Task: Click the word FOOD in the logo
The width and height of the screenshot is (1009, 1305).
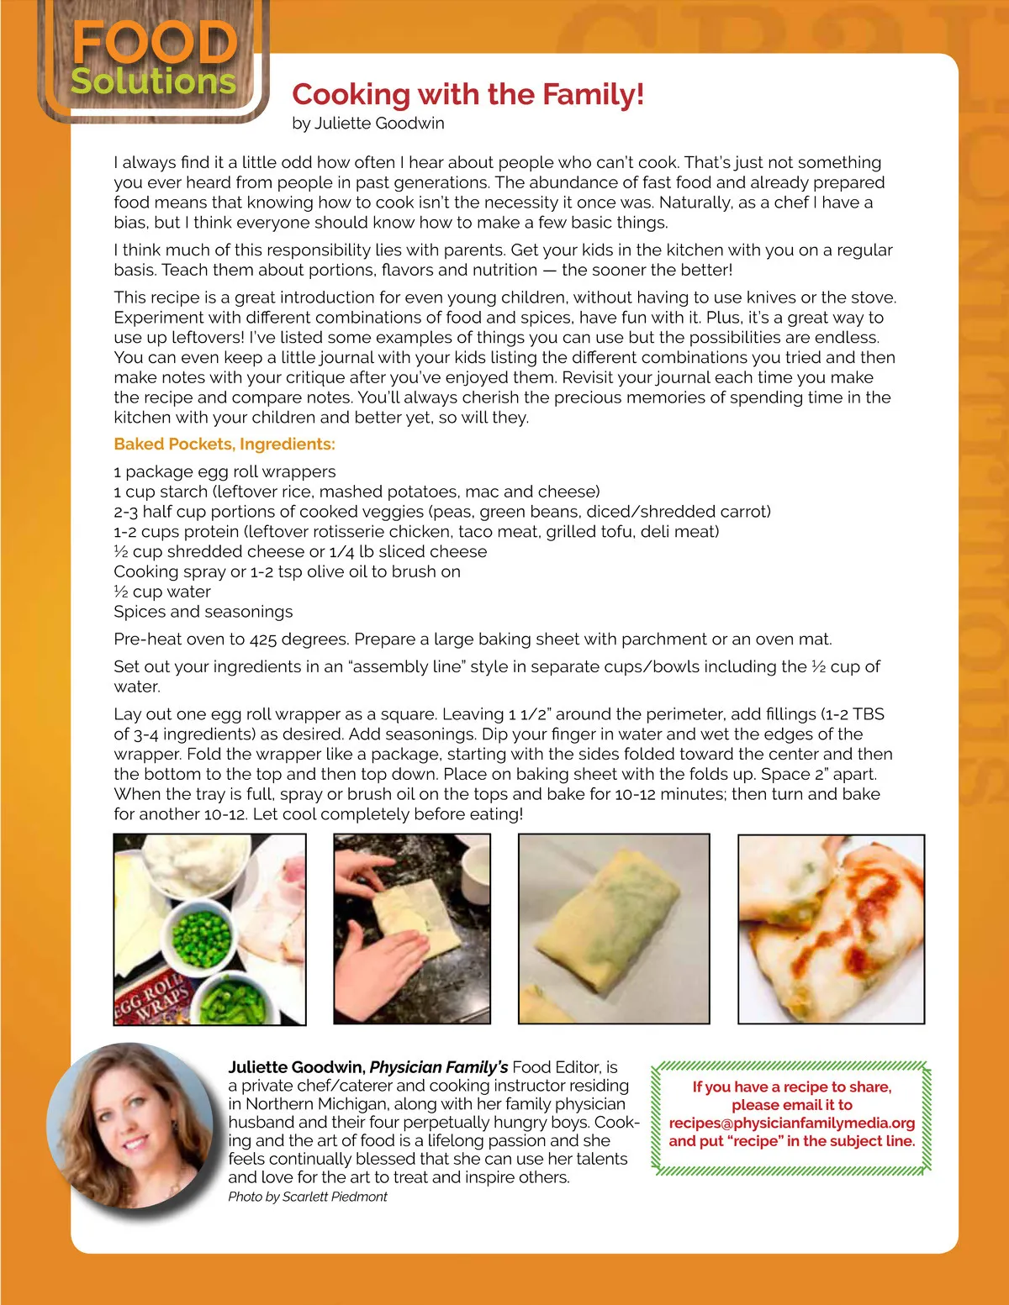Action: pos(155,43)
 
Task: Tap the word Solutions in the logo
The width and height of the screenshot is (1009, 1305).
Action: pos(153,82)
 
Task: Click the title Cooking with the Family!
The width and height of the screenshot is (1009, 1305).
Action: pos(468,94)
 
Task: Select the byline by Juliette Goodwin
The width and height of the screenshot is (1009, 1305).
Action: pos(368,124)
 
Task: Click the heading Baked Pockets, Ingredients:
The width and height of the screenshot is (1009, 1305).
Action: pos(225,445)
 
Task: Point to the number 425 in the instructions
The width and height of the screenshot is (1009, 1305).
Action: pos(262,639)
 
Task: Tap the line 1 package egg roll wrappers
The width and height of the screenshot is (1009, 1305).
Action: pos(225,471)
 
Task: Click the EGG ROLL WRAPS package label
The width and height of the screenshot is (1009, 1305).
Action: pos(151,1000)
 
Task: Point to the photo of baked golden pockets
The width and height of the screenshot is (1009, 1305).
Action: pos(831,929)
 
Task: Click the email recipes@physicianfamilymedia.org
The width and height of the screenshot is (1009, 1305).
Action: pos(792,1123)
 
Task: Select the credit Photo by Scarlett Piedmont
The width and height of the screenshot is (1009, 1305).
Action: pos(308,1197)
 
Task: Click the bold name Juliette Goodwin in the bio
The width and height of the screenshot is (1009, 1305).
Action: pos(296,1067)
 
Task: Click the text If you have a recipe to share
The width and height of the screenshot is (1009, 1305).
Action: pos(791,1087)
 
